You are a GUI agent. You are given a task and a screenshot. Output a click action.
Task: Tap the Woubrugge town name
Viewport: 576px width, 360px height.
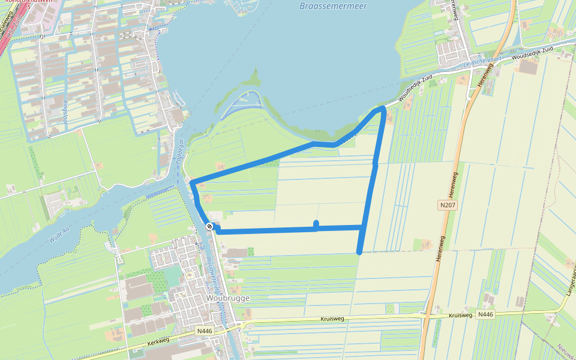point(227,298)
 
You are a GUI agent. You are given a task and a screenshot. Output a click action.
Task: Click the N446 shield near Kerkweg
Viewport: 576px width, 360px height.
point(205,331)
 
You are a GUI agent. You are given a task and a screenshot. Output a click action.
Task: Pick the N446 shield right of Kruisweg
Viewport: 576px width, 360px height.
point(486,314)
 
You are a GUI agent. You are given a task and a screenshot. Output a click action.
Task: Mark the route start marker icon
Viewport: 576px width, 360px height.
point(209,226)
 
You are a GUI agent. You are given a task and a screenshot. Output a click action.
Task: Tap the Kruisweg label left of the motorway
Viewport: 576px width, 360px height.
point(332,319)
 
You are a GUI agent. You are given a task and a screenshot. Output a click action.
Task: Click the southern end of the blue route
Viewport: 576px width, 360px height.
point(359,252)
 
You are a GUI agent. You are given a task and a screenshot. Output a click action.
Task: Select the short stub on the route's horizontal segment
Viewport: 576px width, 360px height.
point(316,224)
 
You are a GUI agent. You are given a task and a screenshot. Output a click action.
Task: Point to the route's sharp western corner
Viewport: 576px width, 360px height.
point(191,181)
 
